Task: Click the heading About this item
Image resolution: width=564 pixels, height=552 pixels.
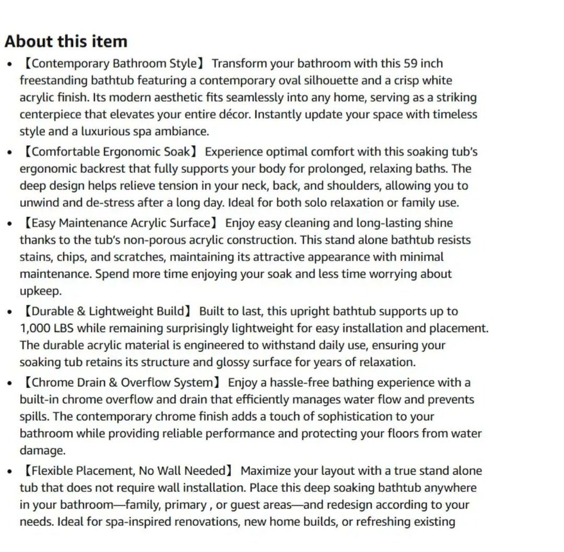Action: [x=66, y=41]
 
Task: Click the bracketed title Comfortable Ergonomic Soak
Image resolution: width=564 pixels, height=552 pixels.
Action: [x=109, y=152]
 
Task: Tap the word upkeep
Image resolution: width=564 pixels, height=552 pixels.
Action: [x=40, y=291]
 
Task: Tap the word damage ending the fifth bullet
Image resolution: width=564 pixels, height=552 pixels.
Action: [x=42, y=450]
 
